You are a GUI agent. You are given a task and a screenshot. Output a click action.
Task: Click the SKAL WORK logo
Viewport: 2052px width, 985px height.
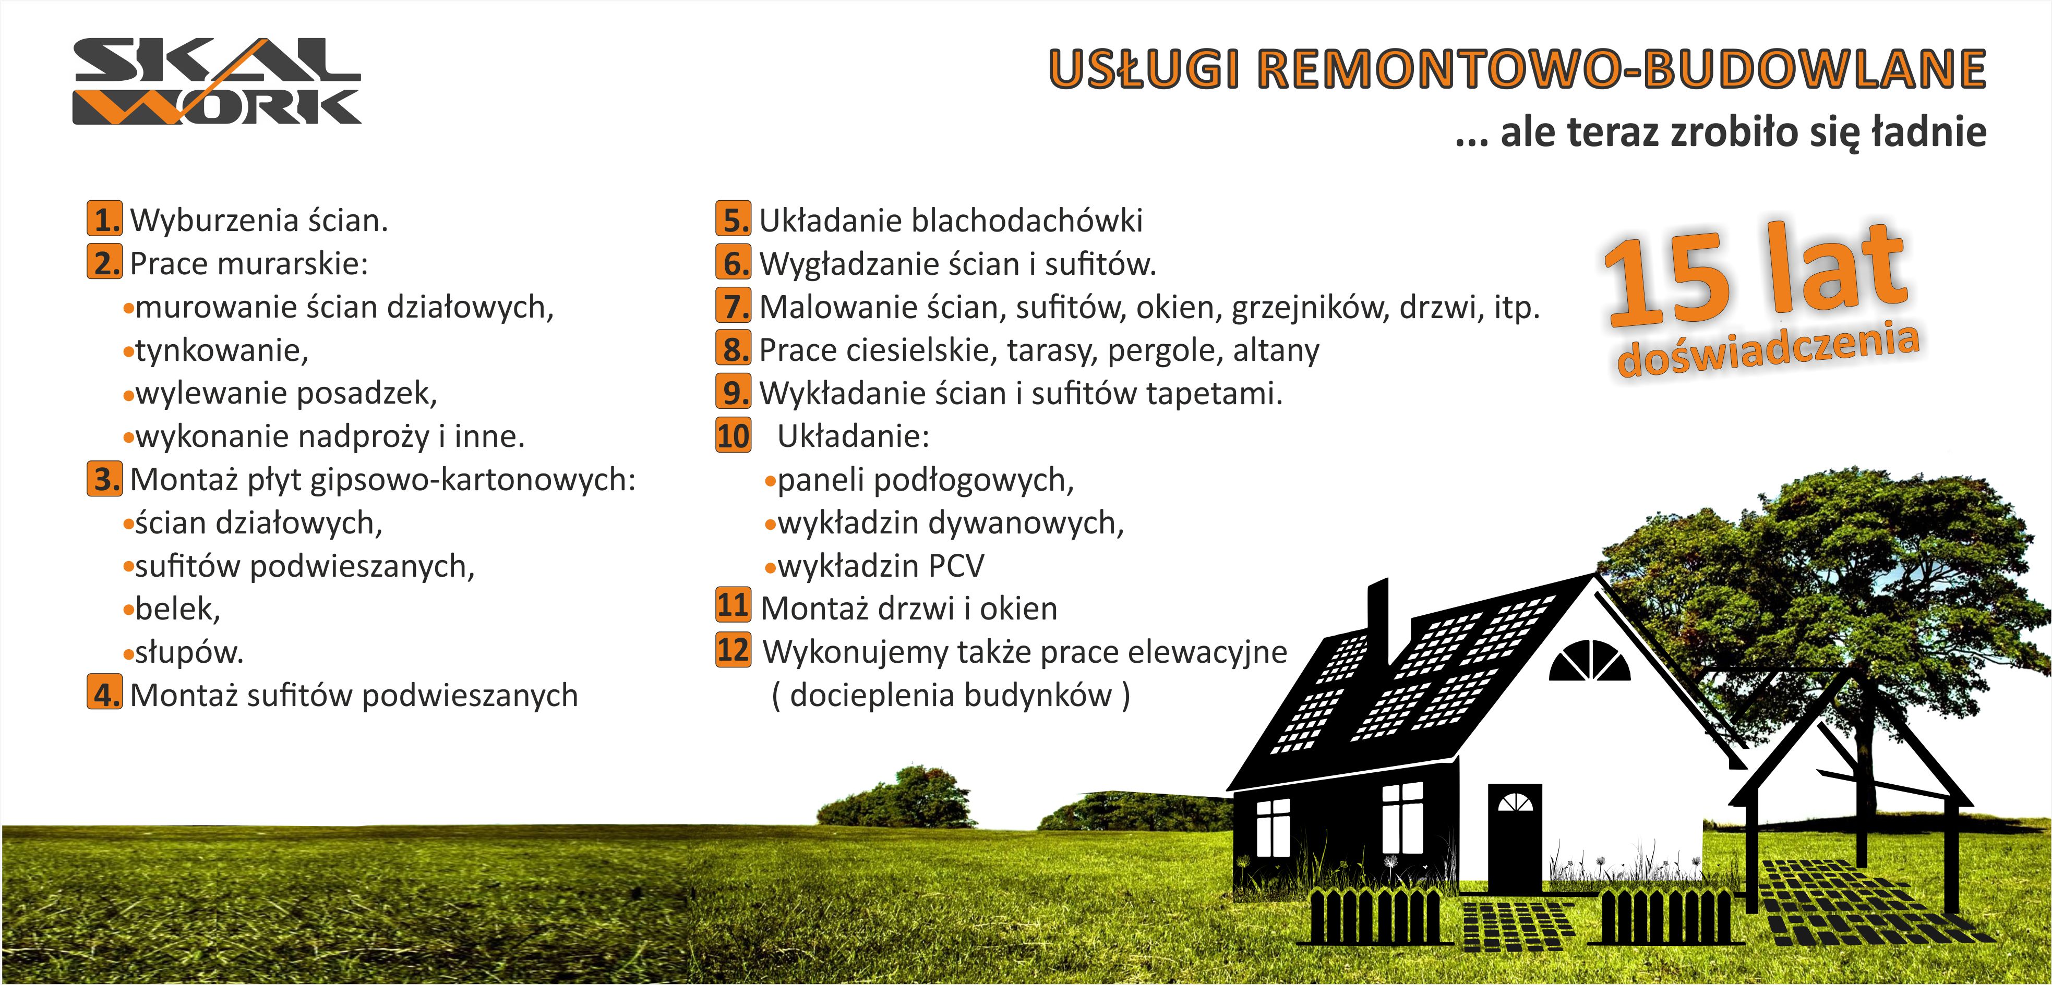click(217, 81)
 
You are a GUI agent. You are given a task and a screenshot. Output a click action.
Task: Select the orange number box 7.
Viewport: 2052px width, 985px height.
click(733, 306)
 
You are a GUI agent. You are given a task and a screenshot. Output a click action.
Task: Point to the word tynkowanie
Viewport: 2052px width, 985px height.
click(221, 351)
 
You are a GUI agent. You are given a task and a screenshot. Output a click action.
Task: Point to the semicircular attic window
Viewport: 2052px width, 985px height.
click(1590, 661)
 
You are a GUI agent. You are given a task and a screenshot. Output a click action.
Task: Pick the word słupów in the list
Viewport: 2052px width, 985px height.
click(189, 653)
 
